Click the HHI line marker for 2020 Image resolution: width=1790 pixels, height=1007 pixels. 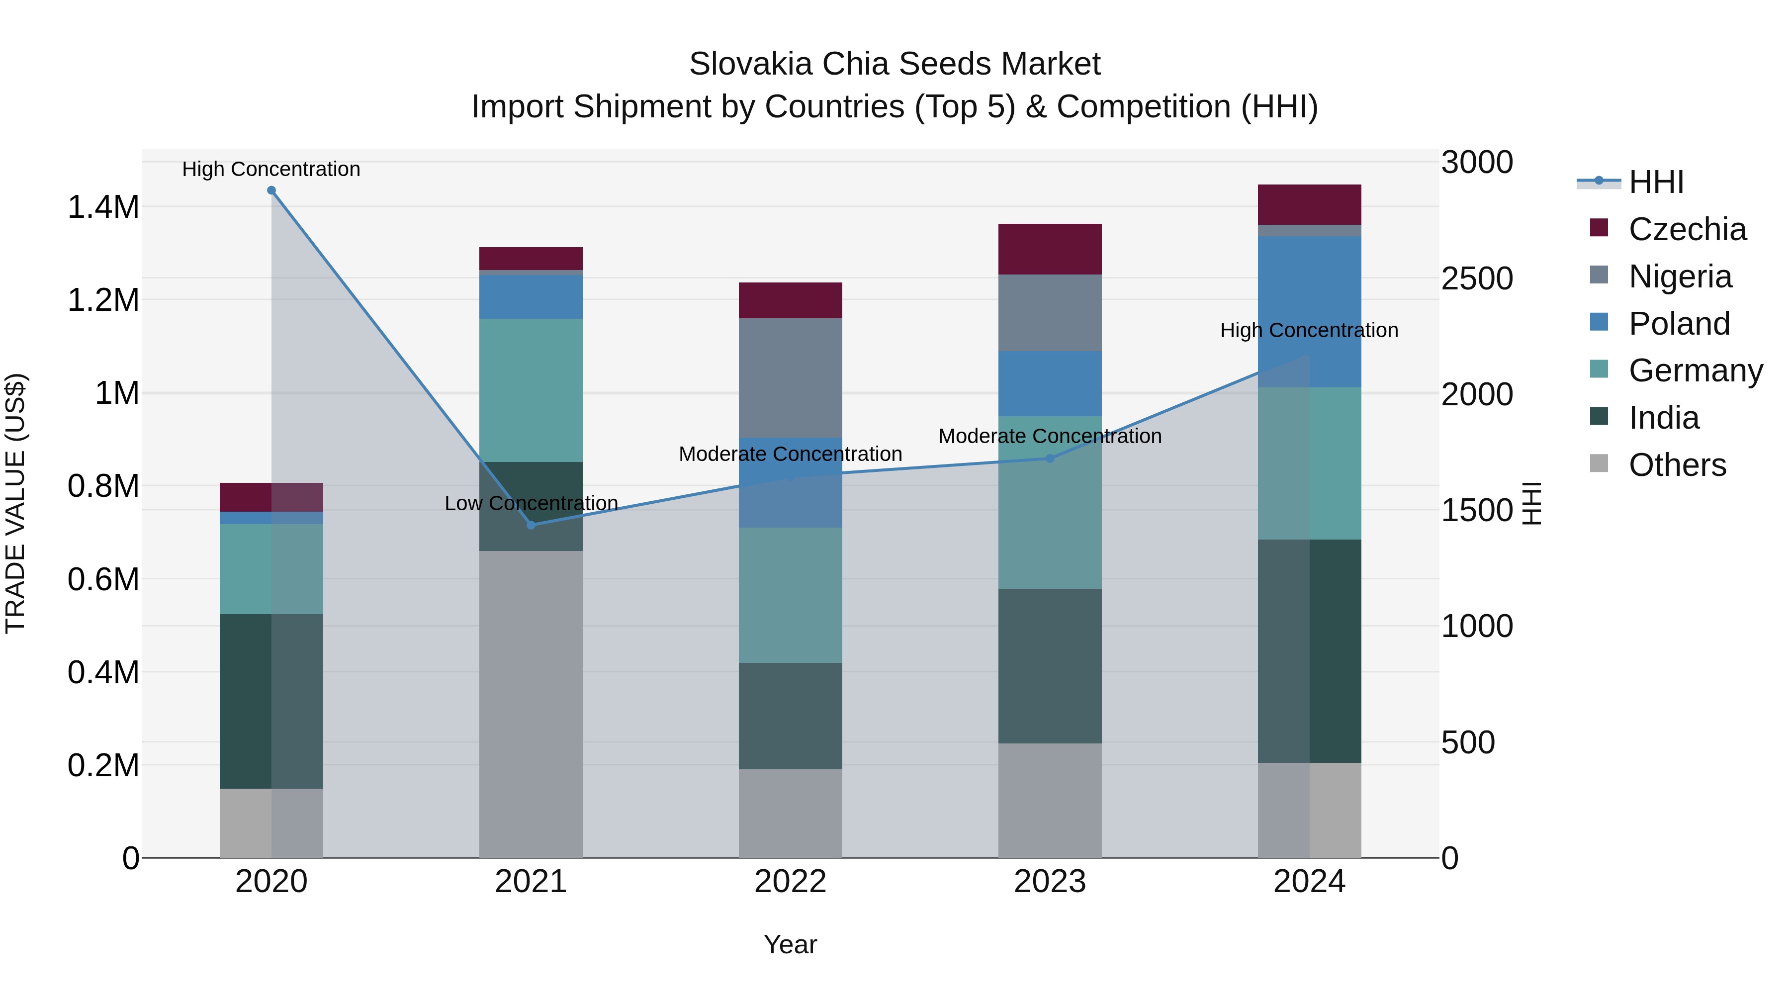(x=271, y=190)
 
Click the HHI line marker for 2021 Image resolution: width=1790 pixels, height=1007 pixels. (x=531, y=525)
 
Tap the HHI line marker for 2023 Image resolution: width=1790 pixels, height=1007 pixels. (x=1050, y=458)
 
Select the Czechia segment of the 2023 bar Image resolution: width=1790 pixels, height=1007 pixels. (x=1050, y=249)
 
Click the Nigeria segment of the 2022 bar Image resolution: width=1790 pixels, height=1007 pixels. (x=790, y=377)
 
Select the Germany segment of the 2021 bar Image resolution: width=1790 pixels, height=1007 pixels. (x=531, y=390)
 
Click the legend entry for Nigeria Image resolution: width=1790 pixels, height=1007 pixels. (x=1680, y=276)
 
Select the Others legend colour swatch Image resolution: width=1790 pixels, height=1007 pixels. (x=1599, y=463)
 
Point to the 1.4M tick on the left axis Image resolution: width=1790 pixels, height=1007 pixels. (x=103, y=207)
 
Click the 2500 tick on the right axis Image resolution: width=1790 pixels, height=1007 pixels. (x=1477, y=278)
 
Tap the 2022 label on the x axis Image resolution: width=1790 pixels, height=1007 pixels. (x=790, y=882)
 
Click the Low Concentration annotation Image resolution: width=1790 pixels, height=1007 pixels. (x=531, y=503)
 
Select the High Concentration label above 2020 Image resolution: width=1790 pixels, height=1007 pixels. (x=271, y=169)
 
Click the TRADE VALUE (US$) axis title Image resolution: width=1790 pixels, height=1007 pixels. (x=15, y=503)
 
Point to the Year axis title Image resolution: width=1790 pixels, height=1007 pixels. (x=790, y=944)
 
